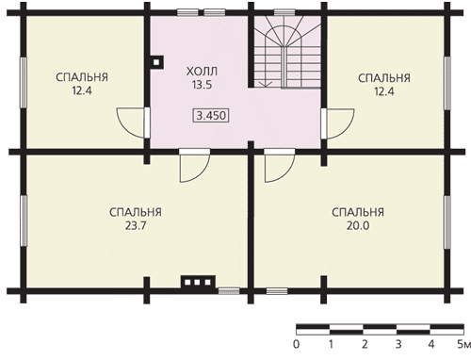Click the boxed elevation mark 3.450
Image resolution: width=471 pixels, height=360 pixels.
coord(211,115)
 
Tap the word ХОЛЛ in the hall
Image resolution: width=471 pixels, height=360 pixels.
coord(202,72)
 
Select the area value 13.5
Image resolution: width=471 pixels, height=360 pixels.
coord(202,85)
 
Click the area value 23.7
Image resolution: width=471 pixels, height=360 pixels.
coord(136,225)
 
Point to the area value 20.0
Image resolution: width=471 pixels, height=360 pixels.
coord(358,225)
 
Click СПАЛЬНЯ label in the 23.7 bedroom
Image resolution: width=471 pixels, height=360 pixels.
coord(136,212)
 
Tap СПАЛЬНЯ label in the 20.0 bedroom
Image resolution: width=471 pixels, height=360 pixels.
coord(358,212)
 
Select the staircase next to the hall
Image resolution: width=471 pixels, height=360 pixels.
coord(287,52)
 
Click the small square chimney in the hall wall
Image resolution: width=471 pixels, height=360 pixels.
coord(156,62)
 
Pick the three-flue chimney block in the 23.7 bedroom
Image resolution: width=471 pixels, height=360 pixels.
coord(198,282)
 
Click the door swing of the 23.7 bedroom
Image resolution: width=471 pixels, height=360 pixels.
coord(194,166)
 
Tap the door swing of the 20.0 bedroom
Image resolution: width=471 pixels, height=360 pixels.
coord(280,166)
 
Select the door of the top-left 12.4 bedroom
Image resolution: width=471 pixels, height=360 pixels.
coord(133,123)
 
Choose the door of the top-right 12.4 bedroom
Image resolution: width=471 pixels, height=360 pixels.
coord(338,123)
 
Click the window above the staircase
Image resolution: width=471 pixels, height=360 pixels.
coord(284,12)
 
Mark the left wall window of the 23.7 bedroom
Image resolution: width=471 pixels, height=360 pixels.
coord(24,221)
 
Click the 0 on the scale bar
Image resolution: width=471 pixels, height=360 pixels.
coord(296,344)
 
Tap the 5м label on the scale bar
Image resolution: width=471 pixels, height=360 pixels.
coord(464,344)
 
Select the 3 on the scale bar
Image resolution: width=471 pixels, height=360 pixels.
coord(398,344)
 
